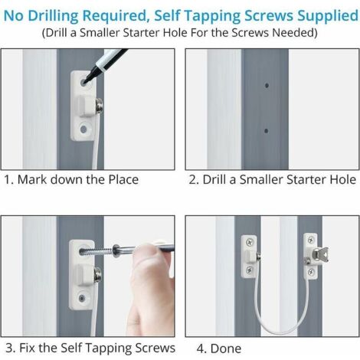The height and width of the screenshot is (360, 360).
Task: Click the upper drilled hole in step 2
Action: [267, 86]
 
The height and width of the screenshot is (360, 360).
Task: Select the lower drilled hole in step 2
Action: [267, 131]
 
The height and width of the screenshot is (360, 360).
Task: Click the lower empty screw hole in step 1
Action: [83, 129]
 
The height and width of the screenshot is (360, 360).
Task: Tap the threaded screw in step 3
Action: [97, 251]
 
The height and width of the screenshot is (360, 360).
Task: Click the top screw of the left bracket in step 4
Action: [249, 242]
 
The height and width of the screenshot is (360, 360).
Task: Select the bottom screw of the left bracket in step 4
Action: [250, 270]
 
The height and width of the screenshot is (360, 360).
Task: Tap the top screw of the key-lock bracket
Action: [311, 240]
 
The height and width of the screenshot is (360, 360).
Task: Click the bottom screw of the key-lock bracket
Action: [311, 272]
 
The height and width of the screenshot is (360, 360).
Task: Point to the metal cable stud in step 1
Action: [99, 106]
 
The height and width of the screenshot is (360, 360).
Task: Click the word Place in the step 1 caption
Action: [123, 179]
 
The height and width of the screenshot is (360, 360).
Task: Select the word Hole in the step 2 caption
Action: [343, 179]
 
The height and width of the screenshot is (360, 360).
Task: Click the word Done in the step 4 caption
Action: [226, 349]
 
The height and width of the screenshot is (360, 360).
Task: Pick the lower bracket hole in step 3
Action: [82, 298]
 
